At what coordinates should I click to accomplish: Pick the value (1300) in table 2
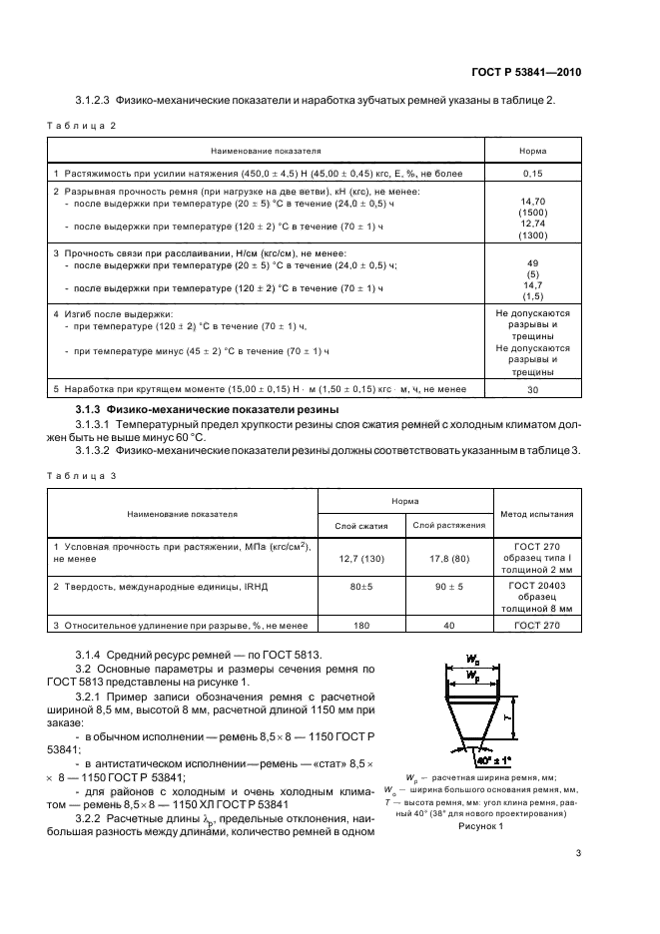[531, 235]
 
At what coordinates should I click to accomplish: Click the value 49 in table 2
[531, 263]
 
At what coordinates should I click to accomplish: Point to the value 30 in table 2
[531, 390]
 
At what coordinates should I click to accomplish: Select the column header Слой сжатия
[360, 525]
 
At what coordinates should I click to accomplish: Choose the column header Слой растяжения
[448, 525]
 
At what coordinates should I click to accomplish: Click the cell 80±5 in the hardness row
[360, 588]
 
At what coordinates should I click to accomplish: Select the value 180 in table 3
[360, 625]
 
